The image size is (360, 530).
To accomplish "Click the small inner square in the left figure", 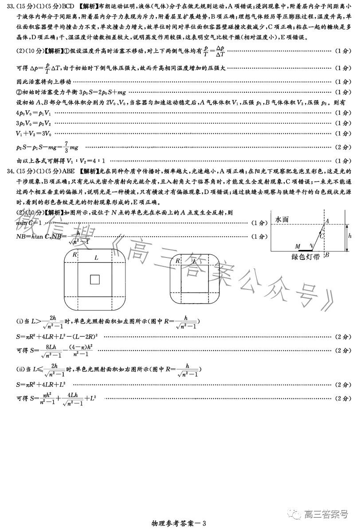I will click(95, 279).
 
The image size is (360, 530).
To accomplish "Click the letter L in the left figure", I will click(96, 257).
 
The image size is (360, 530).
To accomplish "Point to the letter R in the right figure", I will click(178, 261).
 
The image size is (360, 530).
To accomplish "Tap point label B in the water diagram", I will click(327, 255).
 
